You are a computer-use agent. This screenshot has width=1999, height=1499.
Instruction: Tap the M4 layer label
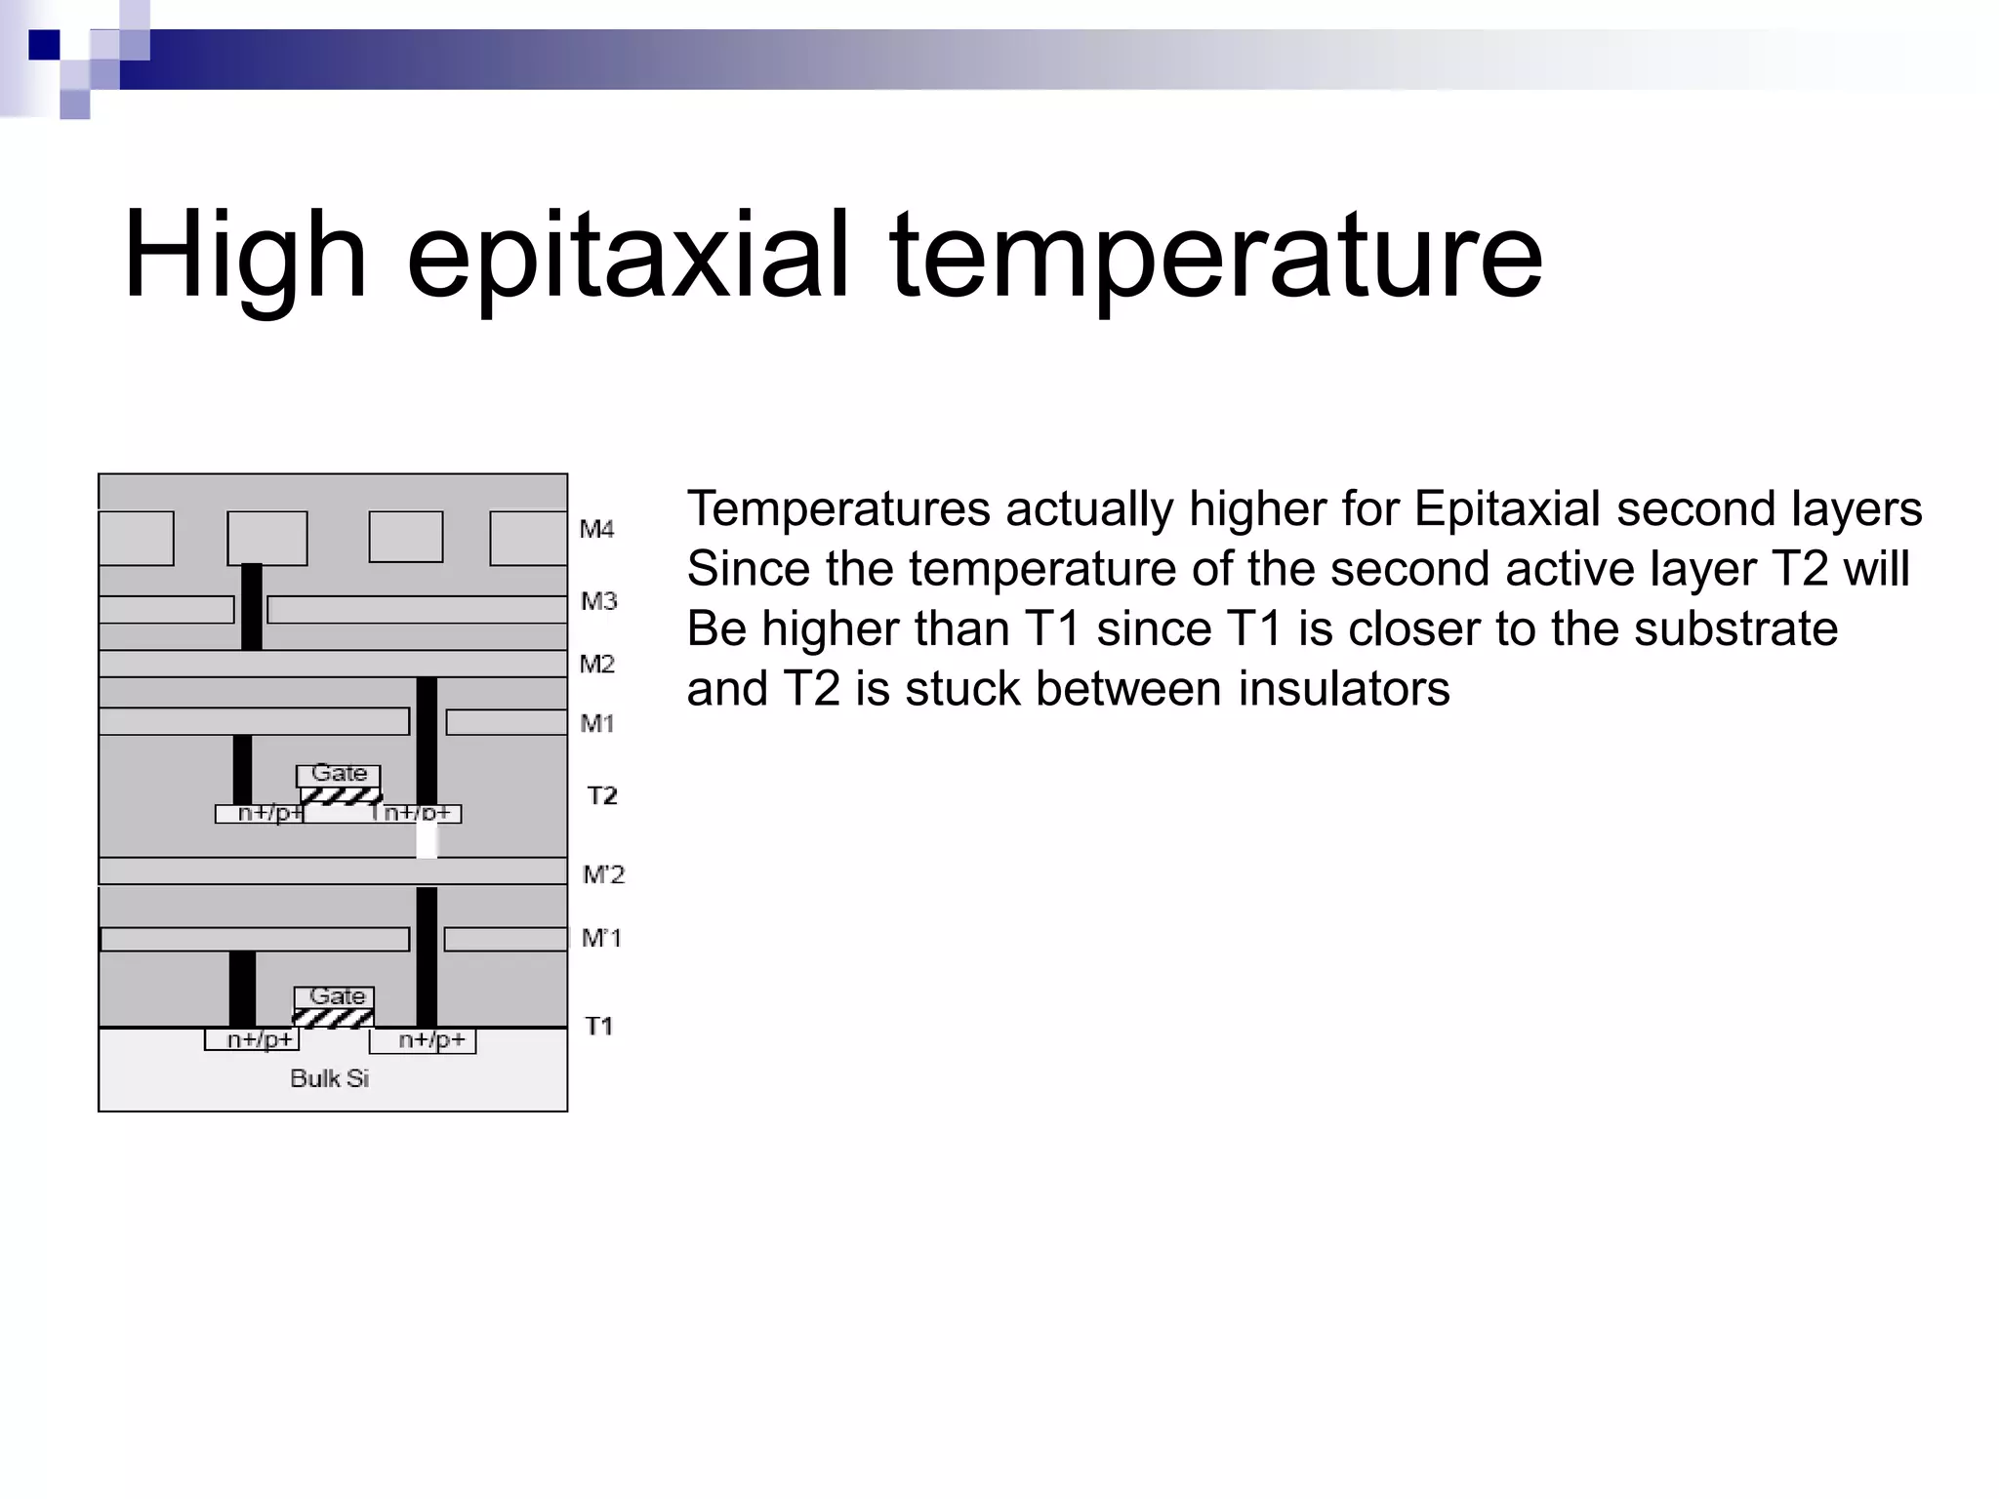click(x=596, y=530)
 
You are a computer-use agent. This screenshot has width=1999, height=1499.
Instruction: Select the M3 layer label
click(x=598, y=601)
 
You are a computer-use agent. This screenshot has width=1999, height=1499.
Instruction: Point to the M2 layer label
click(x=596, y=665)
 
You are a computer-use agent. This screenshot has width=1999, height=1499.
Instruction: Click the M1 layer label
click(x=596, y=723)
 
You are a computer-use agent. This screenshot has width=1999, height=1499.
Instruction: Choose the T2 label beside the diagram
click(x=602, y=796)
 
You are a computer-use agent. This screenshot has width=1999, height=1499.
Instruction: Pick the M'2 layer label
click(x=603, y=874)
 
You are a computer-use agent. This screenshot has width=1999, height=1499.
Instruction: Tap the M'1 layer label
click(x=601, y=938)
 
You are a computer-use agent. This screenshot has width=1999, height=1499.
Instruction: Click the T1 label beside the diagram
click(x=598, y=1026)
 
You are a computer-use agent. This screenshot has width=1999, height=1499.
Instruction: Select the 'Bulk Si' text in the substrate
click(x=330, y=1078)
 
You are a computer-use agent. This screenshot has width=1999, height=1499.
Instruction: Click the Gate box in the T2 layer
click(x=339, y=774)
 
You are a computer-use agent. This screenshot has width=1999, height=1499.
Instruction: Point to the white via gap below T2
click(x=427, y=840)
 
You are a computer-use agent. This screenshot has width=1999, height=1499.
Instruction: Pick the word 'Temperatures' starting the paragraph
click(x=838, y=509)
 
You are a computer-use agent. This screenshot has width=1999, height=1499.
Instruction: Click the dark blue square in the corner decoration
click(x=43, y=45)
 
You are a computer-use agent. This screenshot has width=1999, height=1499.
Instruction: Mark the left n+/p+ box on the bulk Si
click(x=252, y=1040)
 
